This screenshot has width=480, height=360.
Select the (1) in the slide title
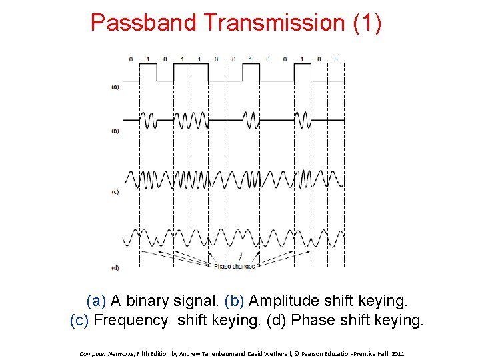pyautogui.click(x=367, y=23)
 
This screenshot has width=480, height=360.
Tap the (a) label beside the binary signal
pyautogui.click(x=115, y=86)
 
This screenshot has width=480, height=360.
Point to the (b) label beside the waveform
pyautogui.click(x=115, y=131)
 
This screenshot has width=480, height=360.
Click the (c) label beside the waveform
pyautogui.click(x=115, y=192)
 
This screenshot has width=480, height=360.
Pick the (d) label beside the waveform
pyautogui.click(x=115, y=267)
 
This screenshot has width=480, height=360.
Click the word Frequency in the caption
pyautogui.click(x=131, y=321)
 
